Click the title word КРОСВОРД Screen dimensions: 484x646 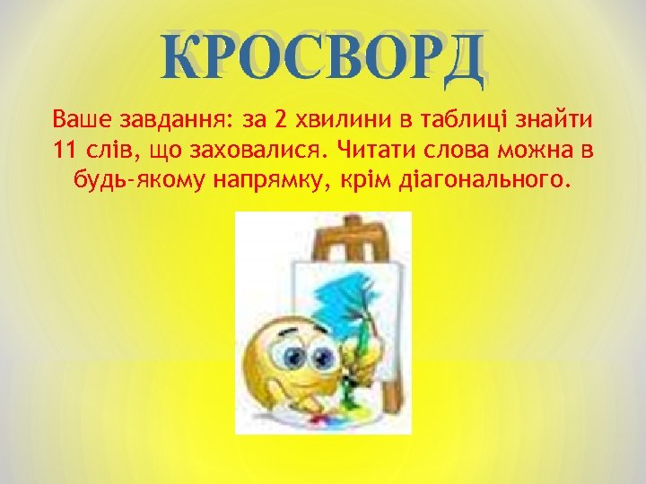pos(323,60)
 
